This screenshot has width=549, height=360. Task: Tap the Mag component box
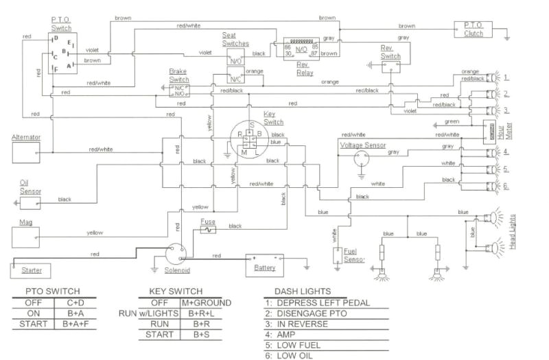[x=27, y=232]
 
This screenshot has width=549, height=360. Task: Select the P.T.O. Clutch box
[x=474, y=29]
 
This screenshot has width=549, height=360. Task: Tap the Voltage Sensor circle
[x=362, y=158]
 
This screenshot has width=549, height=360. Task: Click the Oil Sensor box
[x=30, y=202]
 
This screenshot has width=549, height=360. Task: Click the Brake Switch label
[x=179, y=75]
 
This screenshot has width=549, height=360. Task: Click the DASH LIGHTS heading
[x=302, y=291]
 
